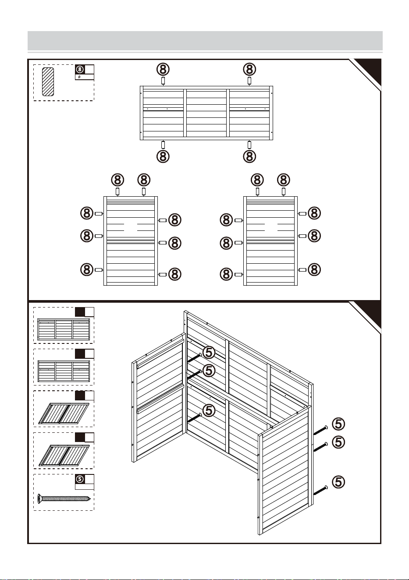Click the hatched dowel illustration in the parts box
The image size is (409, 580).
pos(48,82)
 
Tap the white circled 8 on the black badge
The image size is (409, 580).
pos(80,69)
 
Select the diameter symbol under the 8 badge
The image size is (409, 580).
pos(79,77)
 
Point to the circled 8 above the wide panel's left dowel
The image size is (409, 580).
pos(163,69)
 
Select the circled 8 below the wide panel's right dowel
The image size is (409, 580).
pos(249,156)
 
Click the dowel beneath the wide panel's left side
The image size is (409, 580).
pos(163,145)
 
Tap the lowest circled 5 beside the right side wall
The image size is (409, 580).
pos(338,482)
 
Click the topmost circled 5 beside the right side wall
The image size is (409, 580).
pos(338,424)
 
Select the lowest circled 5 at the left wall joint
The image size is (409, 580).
pos(209,410)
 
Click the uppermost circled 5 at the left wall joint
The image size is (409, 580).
pos(209,352)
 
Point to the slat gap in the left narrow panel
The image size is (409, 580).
pos(131,227)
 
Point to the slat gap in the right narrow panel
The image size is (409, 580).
pos(271,227)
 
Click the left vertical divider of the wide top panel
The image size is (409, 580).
pos(185,113)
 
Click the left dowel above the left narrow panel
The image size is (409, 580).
pos(117,191)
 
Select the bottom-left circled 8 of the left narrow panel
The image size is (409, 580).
pos(87,269)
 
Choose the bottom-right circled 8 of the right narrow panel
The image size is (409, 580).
pos(314,269)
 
